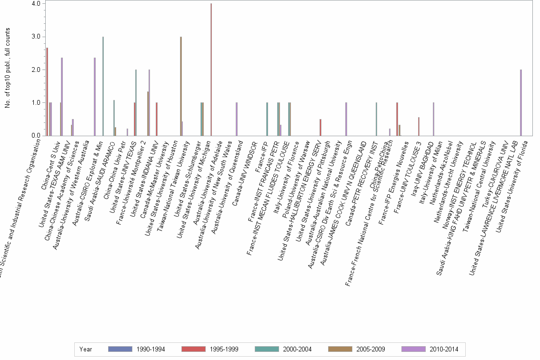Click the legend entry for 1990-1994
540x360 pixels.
(x=137, y=349)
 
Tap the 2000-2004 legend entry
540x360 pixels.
(x=283, y=349)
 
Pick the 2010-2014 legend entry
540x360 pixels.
(x=430, y=349)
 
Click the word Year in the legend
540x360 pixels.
(x=86, y=349)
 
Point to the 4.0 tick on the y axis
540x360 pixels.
(x=35, y=4)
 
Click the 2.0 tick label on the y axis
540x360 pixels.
(x=35, y=70)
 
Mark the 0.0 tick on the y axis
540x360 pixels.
(x=35, y=136)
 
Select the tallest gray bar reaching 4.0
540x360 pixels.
(x=211, y=70)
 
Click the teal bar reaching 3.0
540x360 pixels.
(x=103, y=86)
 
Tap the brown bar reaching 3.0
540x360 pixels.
(x=181, y=86)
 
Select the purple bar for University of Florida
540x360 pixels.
(x=521, y=103)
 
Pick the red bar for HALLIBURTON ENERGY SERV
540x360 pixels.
(x=320, y=128)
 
